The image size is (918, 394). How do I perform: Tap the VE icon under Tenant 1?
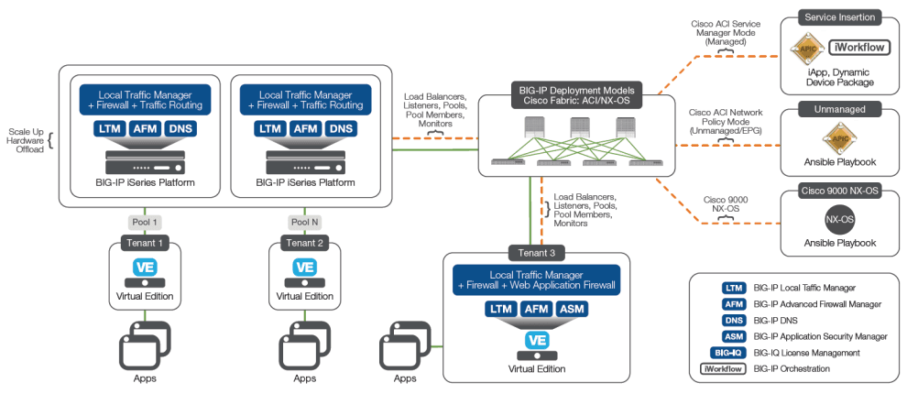pyautogui.click(x=144, y=268)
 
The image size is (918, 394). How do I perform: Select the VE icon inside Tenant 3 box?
pyautogui.click(x=536, y=340)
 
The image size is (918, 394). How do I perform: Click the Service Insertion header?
pyautogui.click(x=840, y=16)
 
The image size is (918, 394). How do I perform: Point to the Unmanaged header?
pyautogui.click(x=840, y=109)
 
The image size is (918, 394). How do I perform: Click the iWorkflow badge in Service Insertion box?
pyautogui.click(x=858, y=48)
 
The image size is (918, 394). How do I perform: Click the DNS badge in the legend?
pyautogui.click(x=733, y=320)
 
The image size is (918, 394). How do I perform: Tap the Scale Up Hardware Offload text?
pyautogui.click(x=25, y=140)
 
